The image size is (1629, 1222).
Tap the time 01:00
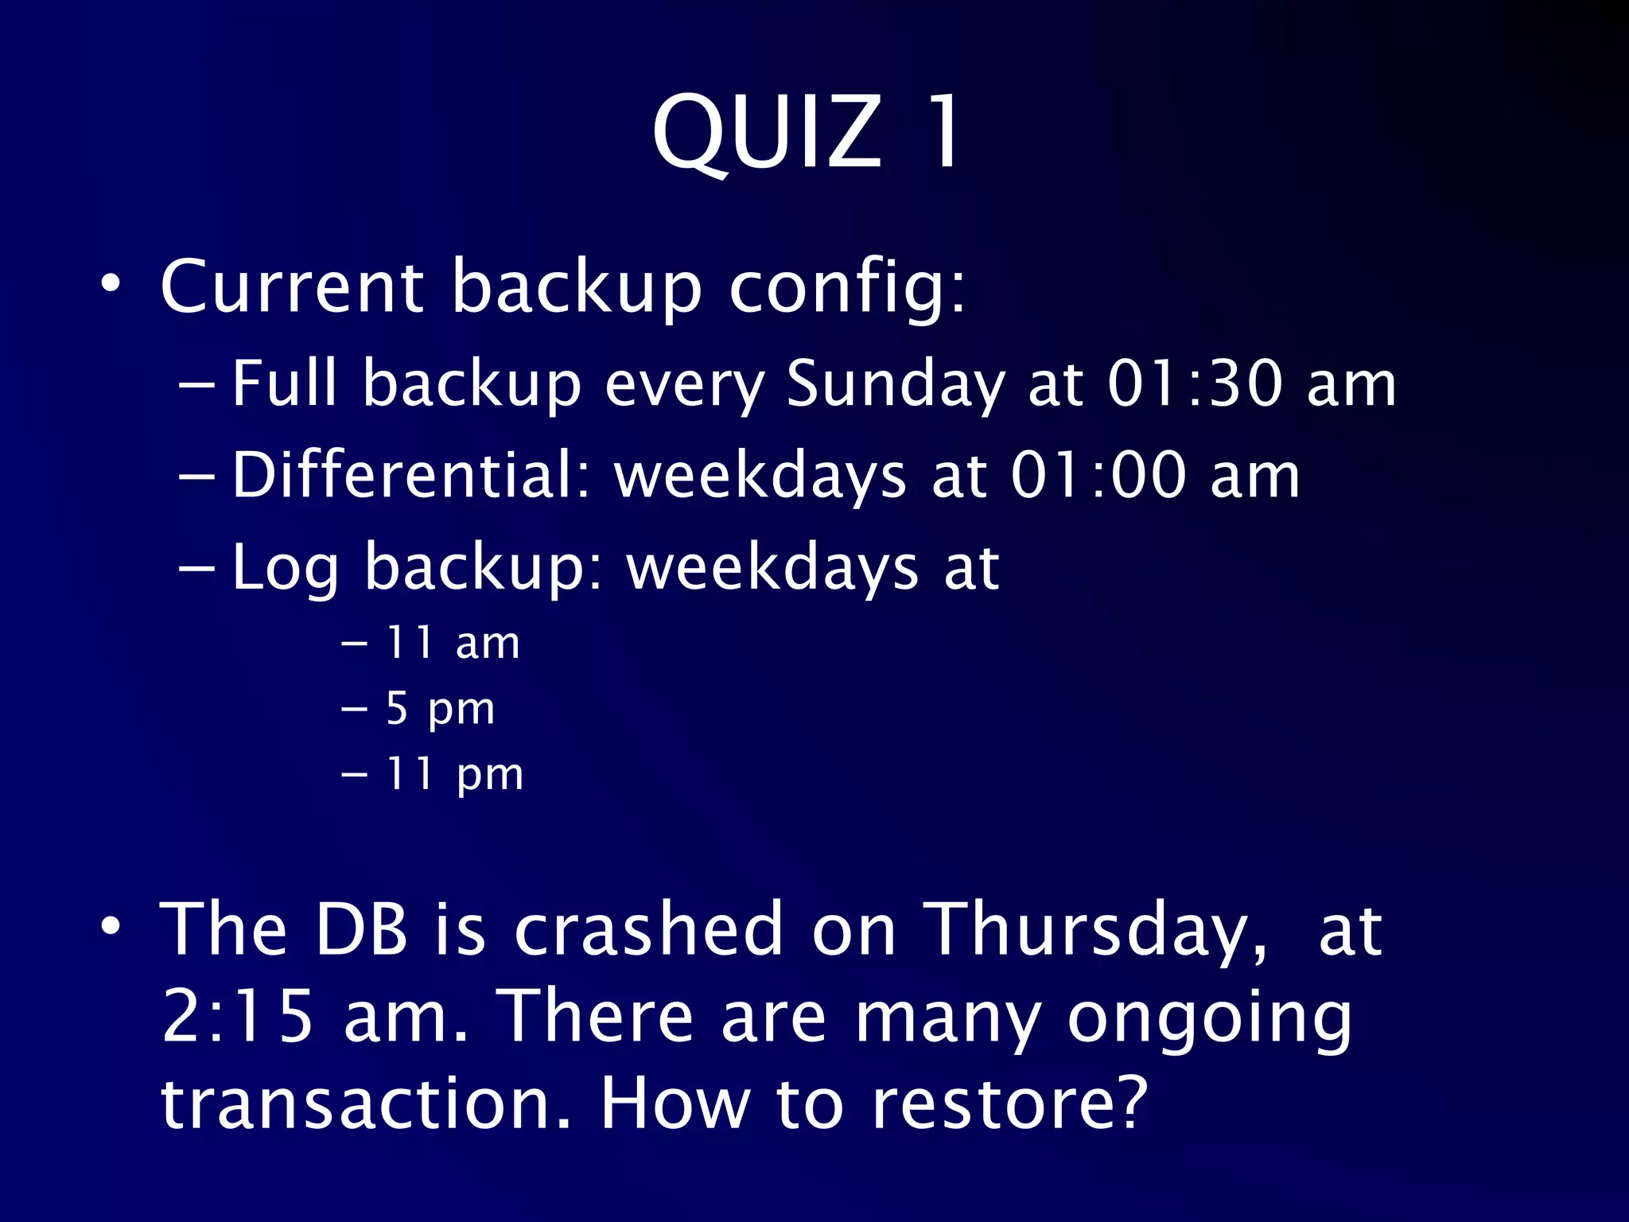[x=1098, y=476]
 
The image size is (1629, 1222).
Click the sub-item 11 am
[x=452, y=643]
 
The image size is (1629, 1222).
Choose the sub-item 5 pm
[x=440, y=709]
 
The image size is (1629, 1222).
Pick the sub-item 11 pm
[x=453, y=774]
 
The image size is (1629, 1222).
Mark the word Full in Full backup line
[x=285, y=383]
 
